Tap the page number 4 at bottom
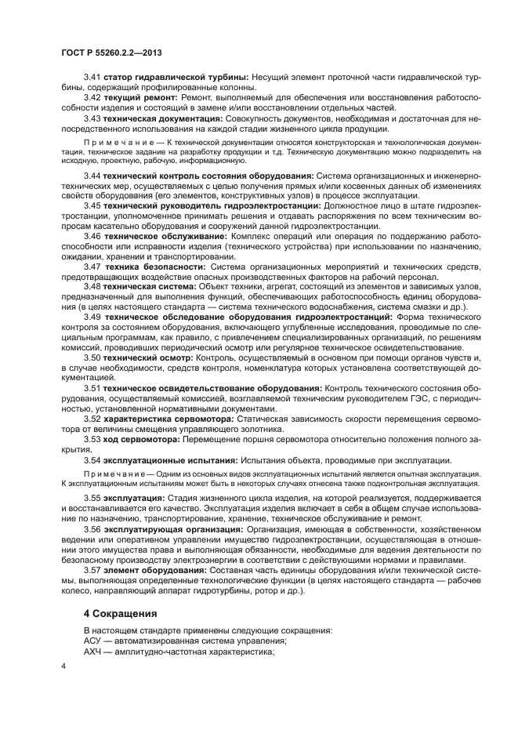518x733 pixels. click(x=63, y=666)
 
